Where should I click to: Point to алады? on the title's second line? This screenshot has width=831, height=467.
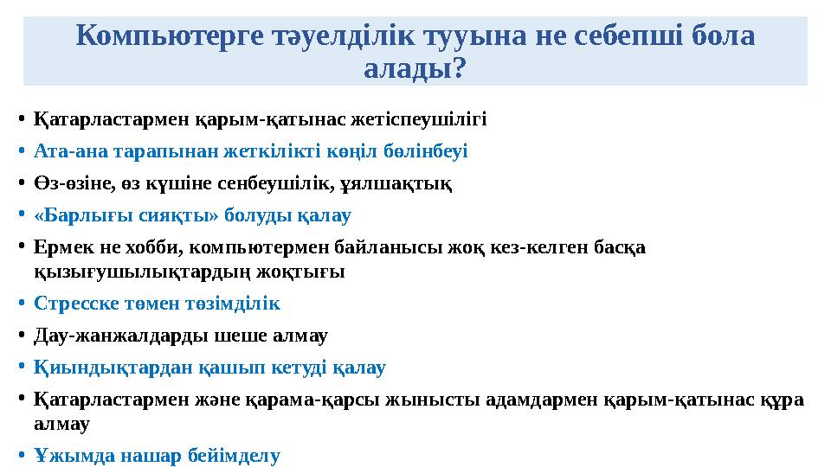(415, 69)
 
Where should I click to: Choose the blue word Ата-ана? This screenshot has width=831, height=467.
(65, 150)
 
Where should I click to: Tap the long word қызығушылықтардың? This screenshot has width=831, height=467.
(129, 272)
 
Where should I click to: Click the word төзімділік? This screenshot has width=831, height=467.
(236, 304)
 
